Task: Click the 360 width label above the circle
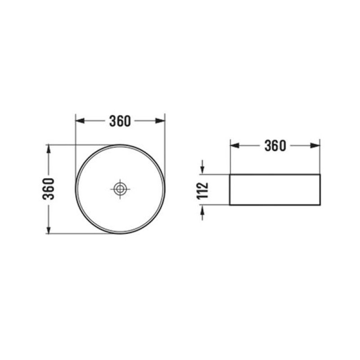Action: (120, 121)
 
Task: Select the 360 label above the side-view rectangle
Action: (274, 146)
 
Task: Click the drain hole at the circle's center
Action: (120, 189)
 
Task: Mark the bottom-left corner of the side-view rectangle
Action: (230, 205)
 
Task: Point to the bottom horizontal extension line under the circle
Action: (81, 234)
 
